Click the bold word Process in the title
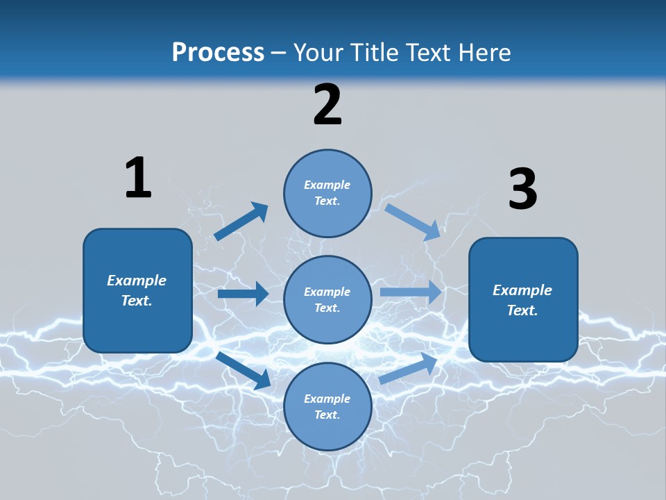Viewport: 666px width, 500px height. pos(218,52)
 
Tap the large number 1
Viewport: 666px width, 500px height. pos(138,178)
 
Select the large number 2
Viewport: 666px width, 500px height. pos(327,105)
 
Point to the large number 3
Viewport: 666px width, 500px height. pos(522,189)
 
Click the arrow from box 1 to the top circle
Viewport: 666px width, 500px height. pos(241,222)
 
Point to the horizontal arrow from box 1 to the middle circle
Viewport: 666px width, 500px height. pos(243,294)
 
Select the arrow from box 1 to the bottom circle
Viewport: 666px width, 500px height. pos(244,369)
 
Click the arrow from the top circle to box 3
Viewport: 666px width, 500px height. pos(412,222)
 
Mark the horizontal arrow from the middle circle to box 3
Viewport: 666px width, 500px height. pos(411,292)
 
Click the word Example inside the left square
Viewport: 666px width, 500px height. pos(137,281)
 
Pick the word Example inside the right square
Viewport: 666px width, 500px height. pos(522,290)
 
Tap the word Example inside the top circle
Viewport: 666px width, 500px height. pos(327,185)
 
